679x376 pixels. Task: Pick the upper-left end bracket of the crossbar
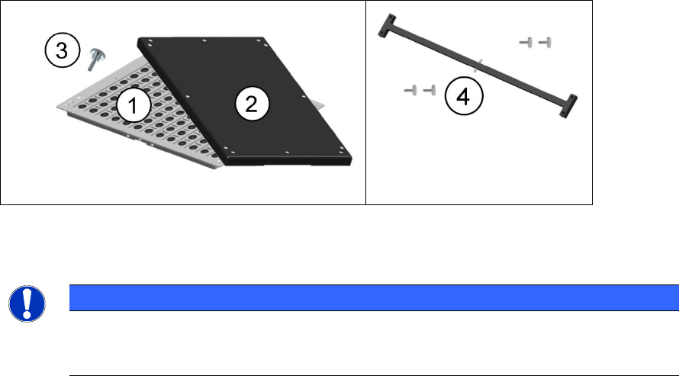386,26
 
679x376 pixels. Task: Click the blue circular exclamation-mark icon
27,304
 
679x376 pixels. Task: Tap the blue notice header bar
373,297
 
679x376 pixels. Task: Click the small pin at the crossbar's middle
477,65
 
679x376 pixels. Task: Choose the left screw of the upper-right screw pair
525,43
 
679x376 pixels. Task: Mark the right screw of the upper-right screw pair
545,43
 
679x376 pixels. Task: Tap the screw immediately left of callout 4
430,92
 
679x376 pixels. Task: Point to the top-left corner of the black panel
140,40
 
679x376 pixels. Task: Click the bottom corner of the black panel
228,163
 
